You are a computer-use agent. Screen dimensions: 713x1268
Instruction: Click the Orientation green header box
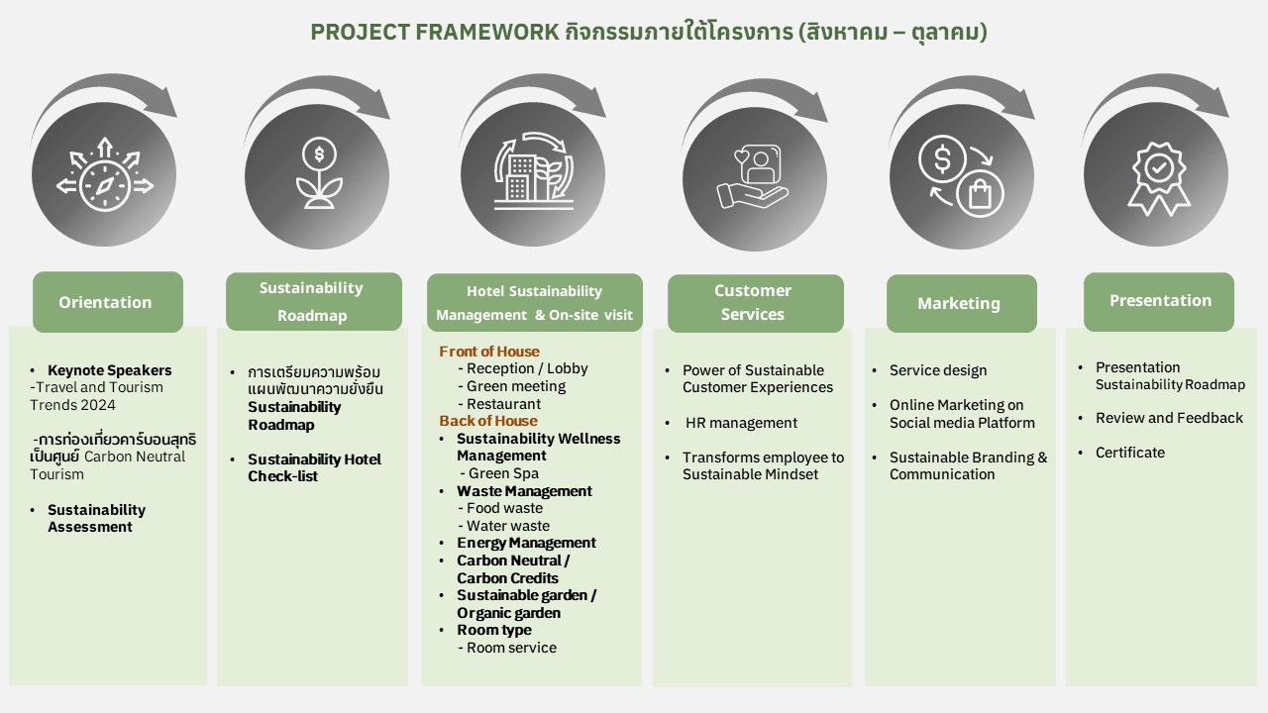107,302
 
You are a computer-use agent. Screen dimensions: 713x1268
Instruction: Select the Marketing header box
960,303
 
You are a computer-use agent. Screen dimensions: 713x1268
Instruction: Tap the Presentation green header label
1159,301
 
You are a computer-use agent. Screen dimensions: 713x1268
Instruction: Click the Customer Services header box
754,303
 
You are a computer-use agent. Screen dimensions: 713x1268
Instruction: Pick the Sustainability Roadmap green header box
312,302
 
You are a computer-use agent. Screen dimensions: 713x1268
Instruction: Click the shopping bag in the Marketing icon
980,194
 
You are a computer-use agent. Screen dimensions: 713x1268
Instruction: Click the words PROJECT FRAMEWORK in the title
435,32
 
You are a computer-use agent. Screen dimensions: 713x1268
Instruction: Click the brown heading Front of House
489,352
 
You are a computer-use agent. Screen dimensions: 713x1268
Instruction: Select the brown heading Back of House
488,421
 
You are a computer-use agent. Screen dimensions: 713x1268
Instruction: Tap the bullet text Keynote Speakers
109,370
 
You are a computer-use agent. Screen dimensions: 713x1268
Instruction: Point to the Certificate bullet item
1129,453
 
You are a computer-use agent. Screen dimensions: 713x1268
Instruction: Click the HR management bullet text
741,423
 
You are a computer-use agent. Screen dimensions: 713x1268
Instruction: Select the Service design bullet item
937,370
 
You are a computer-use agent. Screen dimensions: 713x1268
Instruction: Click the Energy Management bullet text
526,543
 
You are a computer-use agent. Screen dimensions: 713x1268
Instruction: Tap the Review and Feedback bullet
1169,418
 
